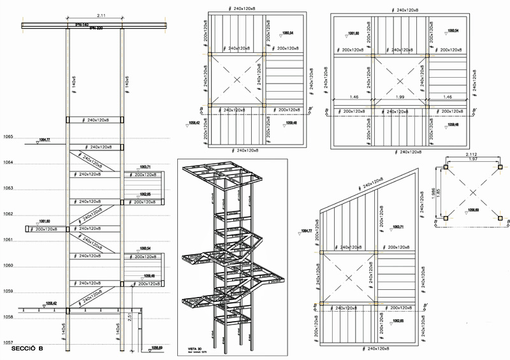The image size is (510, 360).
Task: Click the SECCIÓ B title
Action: (x=26, y=349)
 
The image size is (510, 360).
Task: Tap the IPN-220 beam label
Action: (x=96, y=29)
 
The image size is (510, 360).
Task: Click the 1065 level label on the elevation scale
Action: (x=8, y=137)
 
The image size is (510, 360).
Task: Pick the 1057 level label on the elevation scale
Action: (x=8, y=343)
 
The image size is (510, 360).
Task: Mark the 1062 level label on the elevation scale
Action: (x=8, y=214)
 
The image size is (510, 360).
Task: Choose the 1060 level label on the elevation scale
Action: (x=8, y=266)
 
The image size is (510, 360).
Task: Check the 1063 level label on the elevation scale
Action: (x=8, y=189)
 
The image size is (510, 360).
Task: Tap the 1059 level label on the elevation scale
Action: (x=8, y=291)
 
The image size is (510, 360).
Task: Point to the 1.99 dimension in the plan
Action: (x=400, y=97)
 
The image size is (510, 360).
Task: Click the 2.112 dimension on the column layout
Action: (x=472, y=154)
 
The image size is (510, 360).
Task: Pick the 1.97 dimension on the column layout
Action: (x=472, y=159)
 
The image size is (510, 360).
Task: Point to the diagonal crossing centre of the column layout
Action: (x=472, y=192)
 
